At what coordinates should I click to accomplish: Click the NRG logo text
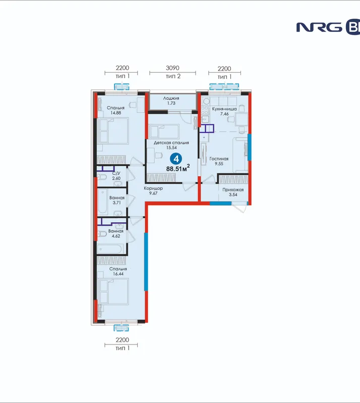coord(319,27)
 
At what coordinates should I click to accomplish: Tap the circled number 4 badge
coord(176,159)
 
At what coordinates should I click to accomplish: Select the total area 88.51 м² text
coord(178,168)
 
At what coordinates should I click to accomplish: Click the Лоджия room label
coord(171,98)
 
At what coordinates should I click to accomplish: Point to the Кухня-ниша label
coord(224,109)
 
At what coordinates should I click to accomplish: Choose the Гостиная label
coord(219,159)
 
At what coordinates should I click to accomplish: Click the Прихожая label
coord(233,190)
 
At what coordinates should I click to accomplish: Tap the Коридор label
coord(153,188)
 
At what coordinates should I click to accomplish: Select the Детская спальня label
coord(171,143)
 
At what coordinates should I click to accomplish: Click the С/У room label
coord(116,173)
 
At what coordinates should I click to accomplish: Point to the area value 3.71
coord(117,203)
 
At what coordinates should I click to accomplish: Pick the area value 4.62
coord(116,236)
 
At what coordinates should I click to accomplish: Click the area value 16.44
coord(118,274)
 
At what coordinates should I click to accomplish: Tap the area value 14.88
coord(116,113)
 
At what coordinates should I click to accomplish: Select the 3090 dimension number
coord(172,68)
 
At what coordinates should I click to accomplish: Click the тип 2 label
coord(173,77)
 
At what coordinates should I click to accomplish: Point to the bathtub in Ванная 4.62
coord(110,249)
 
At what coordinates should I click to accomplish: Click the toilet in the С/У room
coord(102,177)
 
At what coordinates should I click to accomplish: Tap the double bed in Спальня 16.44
coord(114,292)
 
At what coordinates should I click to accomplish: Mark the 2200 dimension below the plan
coord(122,340)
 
